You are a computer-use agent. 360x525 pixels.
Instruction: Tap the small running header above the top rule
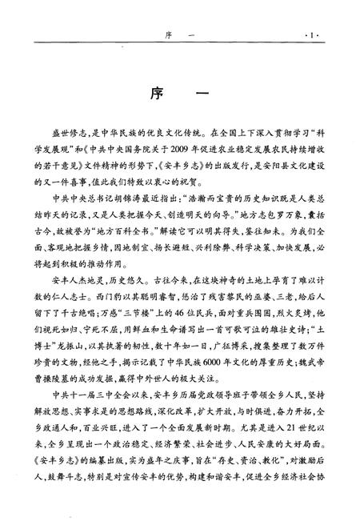179,35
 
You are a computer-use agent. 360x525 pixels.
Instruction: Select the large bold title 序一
179,95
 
